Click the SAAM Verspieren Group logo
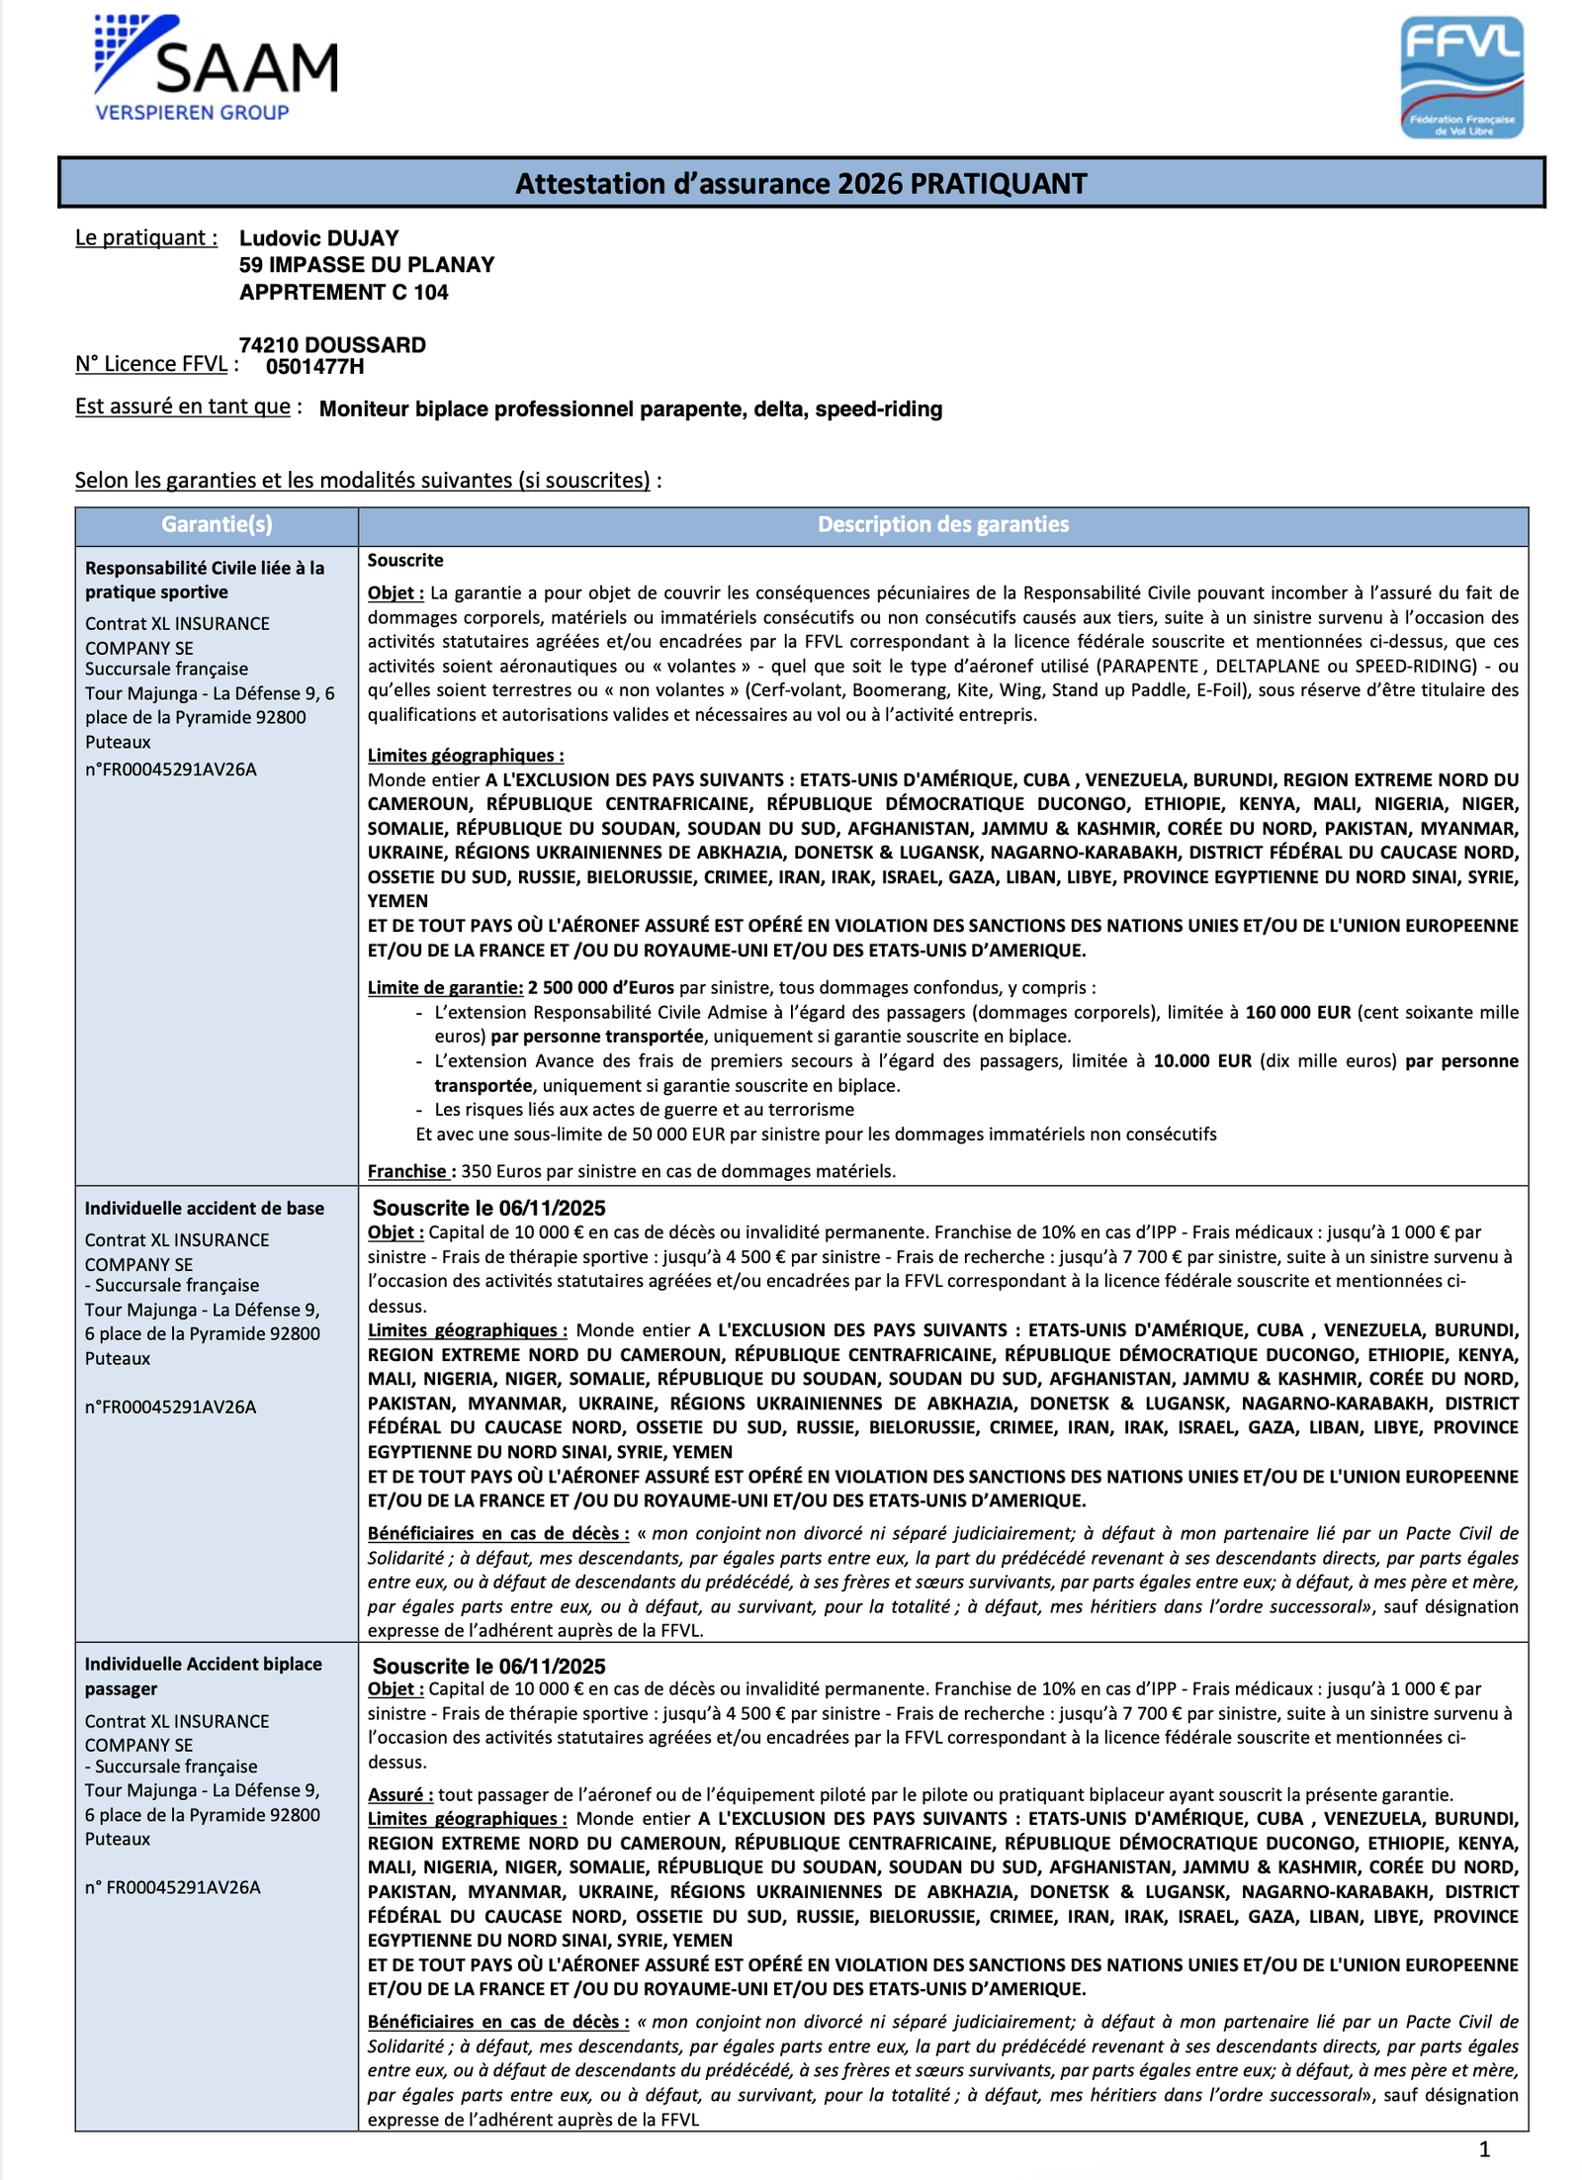[216, 68]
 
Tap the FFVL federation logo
[1461, 77]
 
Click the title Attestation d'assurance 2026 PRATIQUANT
[800, 184]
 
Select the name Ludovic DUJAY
[318, 238]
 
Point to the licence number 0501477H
[314, 367]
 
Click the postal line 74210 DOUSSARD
[332, 345]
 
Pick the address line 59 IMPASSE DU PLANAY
[366, 265]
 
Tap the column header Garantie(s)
[217, 525]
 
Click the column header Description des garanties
[942, 525]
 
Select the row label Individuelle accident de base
[204, 1209]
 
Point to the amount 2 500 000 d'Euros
[600, 987]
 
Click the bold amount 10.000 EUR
[1201, 1060]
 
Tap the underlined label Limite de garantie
[444, 987]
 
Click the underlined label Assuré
[398, 1794]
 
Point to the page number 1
[1483, 2148]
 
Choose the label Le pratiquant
[145, 237]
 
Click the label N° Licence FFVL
[151, 364]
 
